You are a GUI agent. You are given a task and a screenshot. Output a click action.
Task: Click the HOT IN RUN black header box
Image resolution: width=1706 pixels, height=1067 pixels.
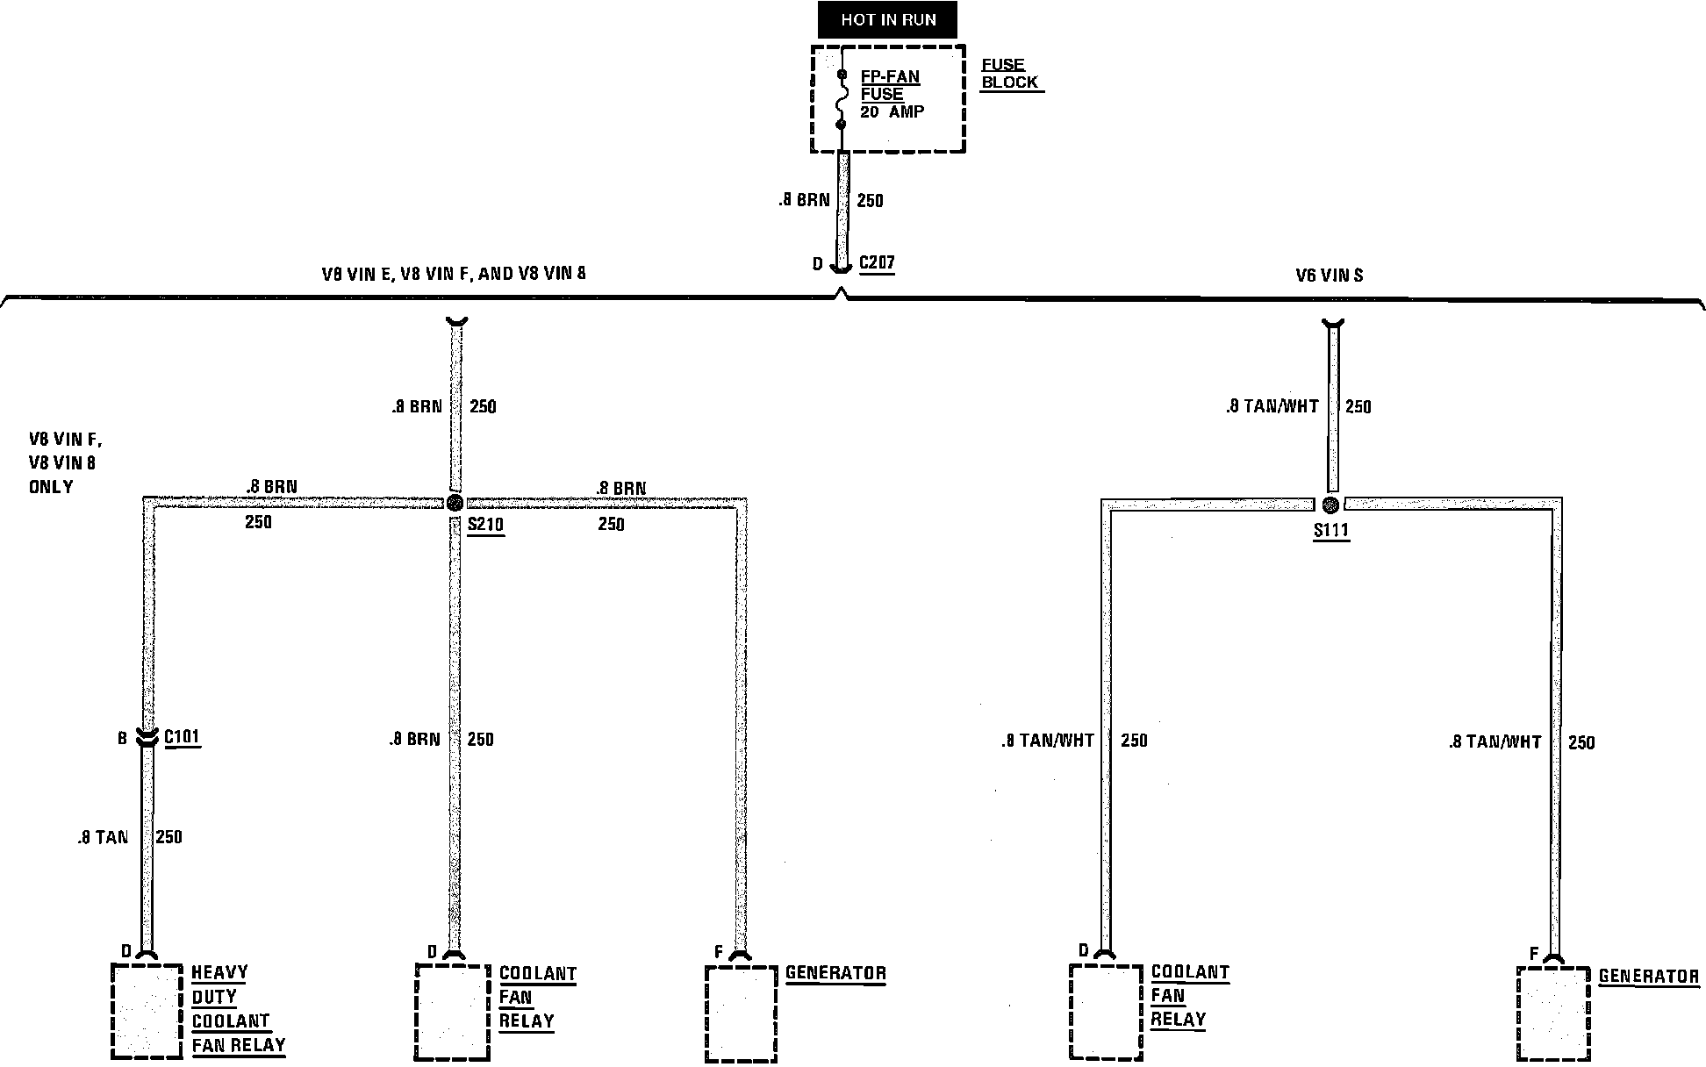pyautogui.click(x=887, y=20)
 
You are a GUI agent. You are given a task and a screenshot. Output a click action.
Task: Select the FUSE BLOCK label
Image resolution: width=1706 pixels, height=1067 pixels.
pyautogui.click(x=1009, y=74)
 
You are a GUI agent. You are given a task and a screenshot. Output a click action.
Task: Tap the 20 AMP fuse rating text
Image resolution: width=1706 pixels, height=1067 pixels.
pyautogui.click(x=892, y=112)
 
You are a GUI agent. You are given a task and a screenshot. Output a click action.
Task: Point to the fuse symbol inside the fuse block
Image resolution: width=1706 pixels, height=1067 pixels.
pyautogui.click(x=841, y=99)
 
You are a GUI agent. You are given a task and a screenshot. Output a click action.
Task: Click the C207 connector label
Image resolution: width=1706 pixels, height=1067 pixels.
pyautogui.click(x=877, y=262)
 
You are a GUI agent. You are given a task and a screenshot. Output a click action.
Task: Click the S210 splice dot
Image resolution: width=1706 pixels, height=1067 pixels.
pyautogui.click(x=454, y=503)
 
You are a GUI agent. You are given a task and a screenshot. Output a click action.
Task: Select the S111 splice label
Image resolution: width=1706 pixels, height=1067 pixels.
pyautogui.click(x=1330, y=531)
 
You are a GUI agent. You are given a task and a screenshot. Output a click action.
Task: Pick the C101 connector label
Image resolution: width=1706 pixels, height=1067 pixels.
pyautogui.click(x=182, y=737)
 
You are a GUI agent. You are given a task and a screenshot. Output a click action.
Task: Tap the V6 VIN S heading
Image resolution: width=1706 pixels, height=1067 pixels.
pyautogui.click(x=1330, y=276)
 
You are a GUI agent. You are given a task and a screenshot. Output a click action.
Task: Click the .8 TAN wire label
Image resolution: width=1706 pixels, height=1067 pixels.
pyautogui.click(x=103, y=837)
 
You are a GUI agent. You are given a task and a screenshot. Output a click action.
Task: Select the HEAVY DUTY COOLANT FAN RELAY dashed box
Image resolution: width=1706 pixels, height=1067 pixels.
pyautogui.click(x=147, y=1010)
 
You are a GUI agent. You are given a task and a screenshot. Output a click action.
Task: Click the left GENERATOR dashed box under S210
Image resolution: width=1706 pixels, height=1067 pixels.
pyautogui.click(x=741, y=1013)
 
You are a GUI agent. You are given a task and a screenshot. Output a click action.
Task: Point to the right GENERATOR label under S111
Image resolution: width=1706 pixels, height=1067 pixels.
pyautogui.click(x=1648, y=977)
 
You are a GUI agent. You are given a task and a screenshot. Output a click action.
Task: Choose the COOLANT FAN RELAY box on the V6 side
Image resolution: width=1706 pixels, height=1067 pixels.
pyautogui.click(x=1106, y=1011)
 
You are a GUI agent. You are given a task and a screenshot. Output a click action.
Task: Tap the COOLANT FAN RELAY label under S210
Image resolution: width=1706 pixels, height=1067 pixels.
pyautogui.click(x=537, y=998)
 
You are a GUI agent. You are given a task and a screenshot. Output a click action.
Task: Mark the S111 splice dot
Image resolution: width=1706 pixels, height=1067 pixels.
pyautogui.click(x=1330, y=505)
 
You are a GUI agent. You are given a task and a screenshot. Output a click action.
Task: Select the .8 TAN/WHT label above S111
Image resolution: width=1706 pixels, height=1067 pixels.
pyautogui.click(x=1272, y=406)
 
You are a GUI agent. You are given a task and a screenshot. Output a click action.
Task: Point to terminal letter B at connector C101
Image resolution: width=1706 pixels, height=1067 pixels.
pyautogui.click(x=123, y=739)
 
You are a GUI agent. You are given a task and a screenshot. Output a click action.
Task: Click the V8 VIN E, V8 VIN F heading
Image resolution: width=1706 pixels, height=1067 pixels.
pyautogui.click(x=454, y=274)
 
